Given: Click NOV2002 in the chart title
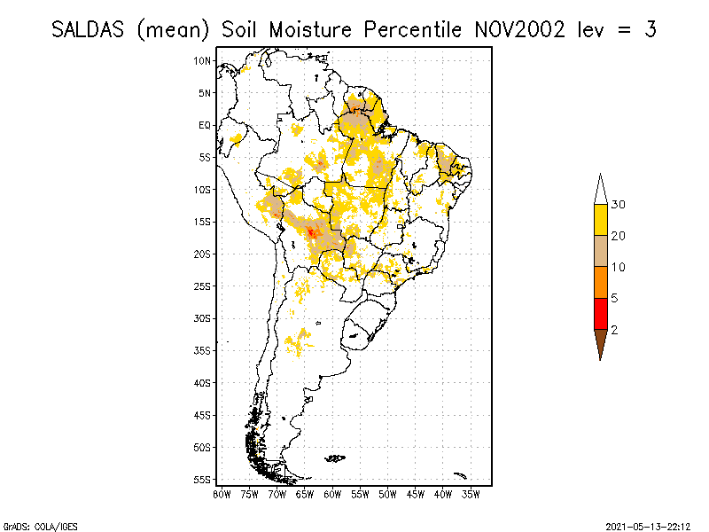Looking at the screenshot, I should pos(518,29).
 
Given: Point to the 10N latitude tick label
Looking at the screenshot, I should pos(203,60).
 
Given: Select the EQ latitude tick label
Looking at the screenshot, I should pos(205,125).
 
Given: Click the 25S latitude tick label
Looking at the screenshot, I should pos(203,286).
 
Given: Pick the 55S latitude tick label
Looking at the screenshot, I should pos(203,479).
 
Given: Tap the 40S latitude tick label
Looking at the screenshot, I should pos(203,382).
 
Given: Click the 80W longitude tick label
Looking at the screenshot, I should pos(222,494).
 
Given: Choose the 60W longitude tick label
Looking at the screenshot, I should pos(332,494).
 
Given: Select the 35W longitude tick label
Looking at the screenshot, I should pos(471,494).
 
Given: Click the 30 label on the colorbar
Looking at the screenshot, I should pos(619,205).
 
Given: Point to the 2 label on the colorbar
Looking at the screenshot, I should pos(614,329).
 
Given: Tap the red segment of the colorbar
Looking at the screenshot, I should pos(600,313).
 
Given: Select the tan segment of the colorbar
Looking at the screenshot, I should pos(600,251).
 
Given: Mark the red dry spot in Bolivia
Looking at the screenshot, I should pos(311,232).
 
